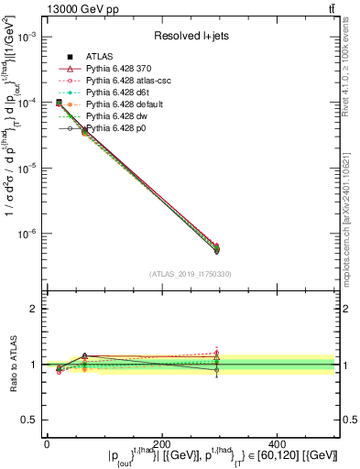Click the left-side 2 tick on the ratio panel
point(35,309)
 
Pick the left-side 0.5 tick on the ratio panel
point(30,420)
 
